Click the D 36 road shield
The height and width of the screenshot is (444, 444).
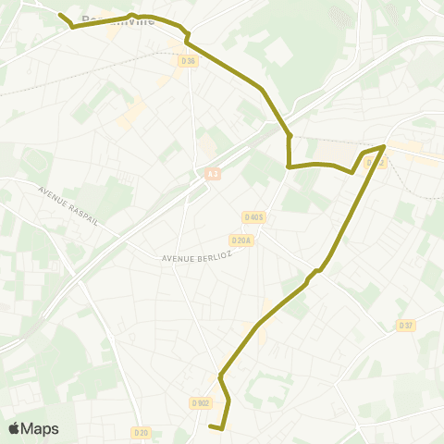tap(189, 61)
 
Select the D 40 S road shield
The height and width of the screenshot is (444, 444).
tap(253, 217)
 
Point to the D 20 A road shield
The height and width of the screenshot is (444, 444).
tap(240, 240)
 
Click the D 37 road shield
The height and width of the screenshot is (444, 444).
tap(406, 325)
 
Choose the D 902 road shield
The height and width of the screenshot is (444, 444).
tap(201, 402)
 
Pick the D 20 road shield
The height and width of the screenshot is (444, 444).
tap(141, 432)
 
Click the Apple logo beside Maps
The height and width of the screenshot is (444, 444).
tap(14, 428)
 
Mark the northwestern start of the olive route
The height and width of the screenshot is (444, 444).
tap(60, 15)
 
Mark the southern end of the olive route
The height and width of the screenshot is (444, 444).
tap(212, 426)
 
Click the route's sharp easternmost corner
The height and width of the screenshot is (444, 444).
tap(384, 146)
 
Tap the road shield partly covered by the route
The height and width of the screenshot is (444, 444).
tap(375, 163)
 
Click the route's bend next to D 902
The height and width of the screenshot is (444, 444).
tap(220, 376)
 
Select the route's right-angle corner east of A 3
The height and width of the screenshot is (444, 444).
tap(290, 166)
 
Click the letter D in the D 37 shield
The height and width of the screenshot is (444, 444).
tap(401, 325)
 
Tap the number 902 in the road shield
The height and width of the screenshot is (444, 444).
tap(203, 402)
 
